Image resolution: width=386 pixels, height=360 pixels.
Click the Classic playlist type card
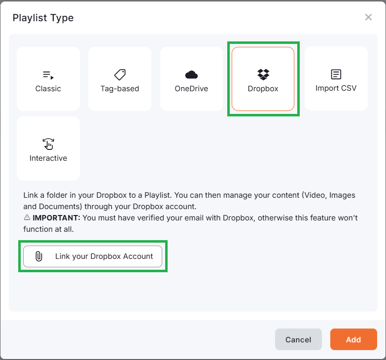point(48,79)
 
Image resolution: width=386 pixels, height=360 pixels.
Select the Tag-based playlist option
point(120,79)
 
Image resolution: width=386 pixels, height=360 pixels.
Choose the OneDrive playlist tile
point(191,79)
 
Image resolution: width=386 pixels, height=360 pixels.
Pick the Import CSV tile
point(336,79)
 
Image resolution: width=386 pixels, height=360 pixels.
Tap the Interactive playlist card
point(48,148)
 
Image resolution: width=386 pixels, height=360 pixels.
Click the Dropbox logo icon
point(263,74)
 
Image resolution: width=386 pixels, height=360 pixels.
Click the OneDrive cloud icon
point(191,74)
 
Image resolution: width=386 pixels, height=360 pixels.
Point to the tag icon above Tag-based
point(120,74)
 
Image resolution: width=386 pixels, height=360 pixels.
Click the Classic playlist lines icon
point(48,75)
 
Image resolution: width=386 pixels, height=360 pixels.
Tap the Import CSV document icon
point(336,74)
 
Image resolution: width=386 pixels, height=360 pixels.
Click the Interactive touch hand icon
point(48,144)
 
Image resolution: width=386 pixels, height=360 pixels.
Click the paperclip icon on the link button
point(39,256)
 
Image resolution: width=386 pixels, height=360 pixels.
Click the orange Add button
point(353,339)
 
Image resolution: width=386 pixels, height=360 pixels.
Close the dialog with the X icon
point(368,17)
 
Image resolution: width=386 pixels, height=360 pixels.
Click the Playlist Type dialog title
point(43,18)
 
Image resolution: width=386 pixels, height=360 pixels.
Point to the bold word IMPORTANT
point(57,217)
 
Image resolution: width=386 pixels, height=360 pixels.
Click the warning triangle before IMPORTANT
point(27,217)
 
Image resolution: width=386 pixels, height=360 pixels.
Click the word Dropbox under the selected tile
point(263,89)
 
